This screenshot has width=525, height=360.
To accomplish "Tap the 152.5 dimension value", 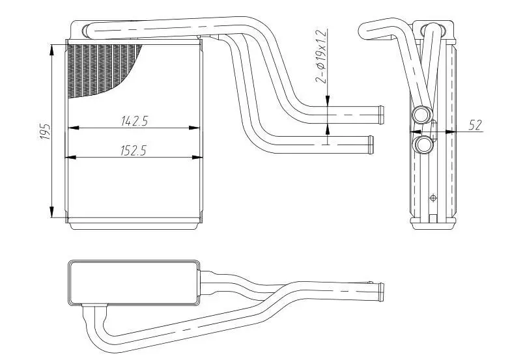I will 133,150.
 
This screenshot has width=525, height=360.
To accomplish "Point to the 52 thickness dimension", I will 476,125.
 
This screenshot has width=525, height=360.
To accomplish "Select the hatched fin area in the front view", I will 98,65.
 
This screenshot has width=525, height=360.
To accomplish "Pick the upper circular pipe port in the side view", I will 421,115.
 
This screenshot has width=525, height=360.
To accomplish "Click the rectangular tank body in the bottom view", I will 134,283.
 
